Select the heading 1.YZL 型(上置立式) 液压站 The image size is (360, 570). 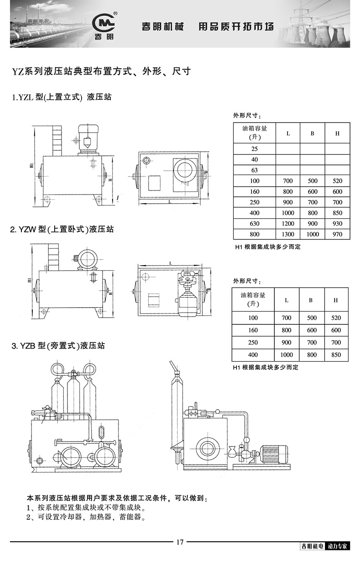[62, 97]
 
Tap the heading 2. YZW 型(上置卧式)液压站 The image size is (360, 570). [62, 229]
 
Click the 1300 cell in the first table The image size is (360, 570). [288, 234]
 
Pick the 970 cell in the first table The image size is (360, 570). [337, 234]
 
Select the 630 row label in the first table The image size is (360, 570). [254, 224]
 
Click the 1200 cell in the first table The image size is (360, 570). [288, 224]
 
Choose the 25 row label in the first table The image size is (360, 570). [254, 149]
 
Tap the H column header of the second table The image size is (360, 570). [336, 300]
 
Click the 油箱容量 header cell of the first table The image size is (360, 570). [254, 133]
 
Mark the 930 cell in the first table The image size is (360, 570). [337, 224]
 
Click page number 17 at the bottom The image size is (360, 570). [180, 542]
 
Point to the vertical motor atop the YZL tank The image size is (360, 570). [87, 137]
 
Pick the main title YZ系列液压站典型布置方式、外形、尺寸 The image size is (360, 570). [101, 71]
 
